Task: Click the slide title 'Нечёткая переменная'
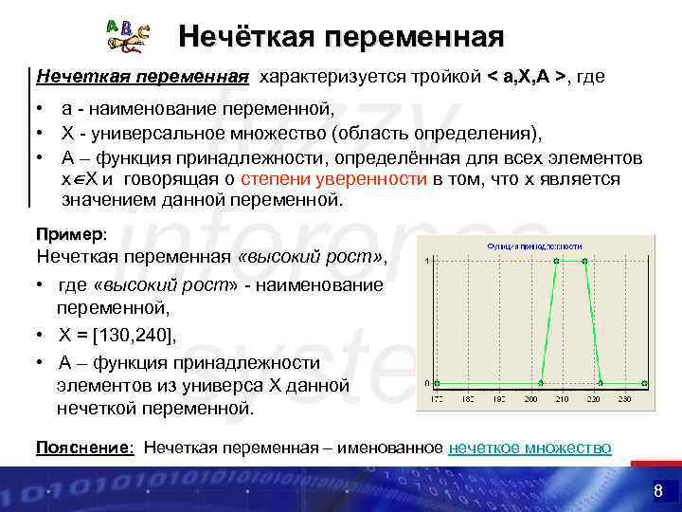point(341,37)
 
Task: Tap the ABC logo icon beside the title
point(127,35)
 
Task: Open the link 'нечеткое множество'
point(529,448)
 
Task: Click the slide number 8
point(657,490)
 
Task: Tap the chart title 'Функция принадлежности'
point(537,246)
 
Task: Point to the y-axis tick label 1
point(427,261)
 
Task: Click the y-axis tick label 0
point(427,383)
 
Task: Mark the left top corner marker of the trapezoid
point(556,261)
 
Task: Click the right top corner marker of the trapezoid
point(584,261)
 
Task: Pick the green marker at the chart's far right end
point(644,383)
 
